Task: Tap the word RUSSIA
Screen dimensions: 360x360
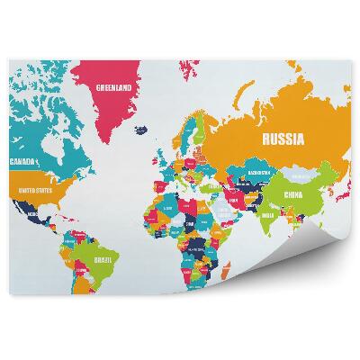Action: pyautogui.click(x=282, y=139)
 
